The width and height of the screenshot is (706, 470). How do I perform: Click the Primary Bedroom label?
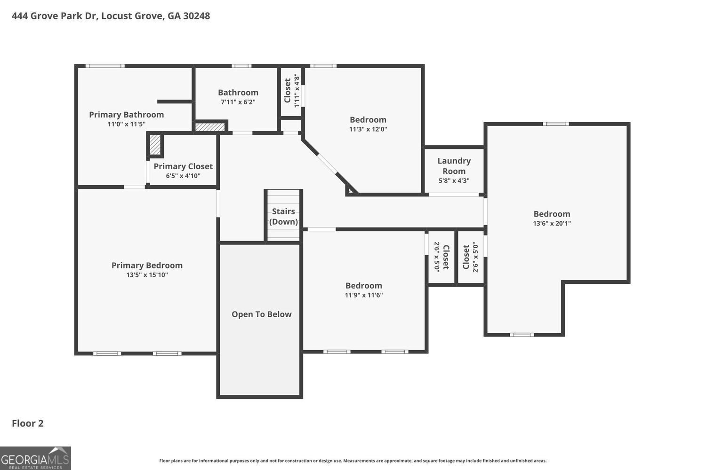click(x=147, y=266)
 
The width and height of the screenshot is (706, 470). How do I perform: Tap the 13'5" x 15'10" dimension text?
click(x=147, y=275)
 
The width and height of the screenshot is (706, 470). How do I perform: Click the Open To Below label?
click(x=261, y=314)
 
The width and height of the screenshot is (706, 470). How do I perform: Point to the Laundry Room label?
click(x=454, y=166)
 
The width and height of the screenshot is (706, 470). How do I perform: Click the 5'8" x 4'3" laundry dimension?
click(x=454, y=180)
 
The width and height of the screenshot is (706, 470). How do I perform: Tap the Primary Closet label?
click(x=183, y=166)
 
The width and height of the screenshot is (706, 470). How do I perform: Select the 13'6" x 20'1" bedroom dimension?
click(x=552, y=224)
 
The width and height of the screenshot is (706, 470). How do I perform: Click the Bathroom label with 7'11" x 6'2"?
click(x=238, y=93)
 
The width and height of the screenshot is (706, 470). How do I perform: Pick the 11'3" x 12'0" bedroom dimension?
click(x=368, y=129)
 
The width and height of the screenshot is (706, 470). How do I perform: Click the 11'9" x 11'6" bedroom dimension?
click(x=363, y=295)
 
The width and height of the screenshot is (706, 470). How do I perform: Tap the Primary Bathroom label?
click(x=126, y=115)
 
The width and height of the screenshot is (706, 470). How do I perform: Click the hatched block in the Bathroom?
click(x=210, y=127)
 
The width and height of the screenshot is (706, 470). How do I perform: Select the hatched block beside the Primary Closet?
click(x=155, y=145)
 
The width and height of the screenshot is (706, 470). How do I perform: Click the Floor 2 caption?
click(x=27, y=423)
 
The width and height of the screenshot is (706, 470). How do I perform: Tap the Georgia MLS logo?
click(x=35, y=458)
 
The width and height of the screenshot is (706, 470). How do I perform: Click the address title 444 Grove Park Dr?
click(x=111, y=16)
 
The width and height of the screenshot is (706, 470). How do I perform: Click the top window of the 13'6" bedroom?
click(x=555, y=124)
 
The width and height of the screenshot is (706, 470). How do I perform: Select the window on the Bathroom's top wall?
click(x=241, y=66)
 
